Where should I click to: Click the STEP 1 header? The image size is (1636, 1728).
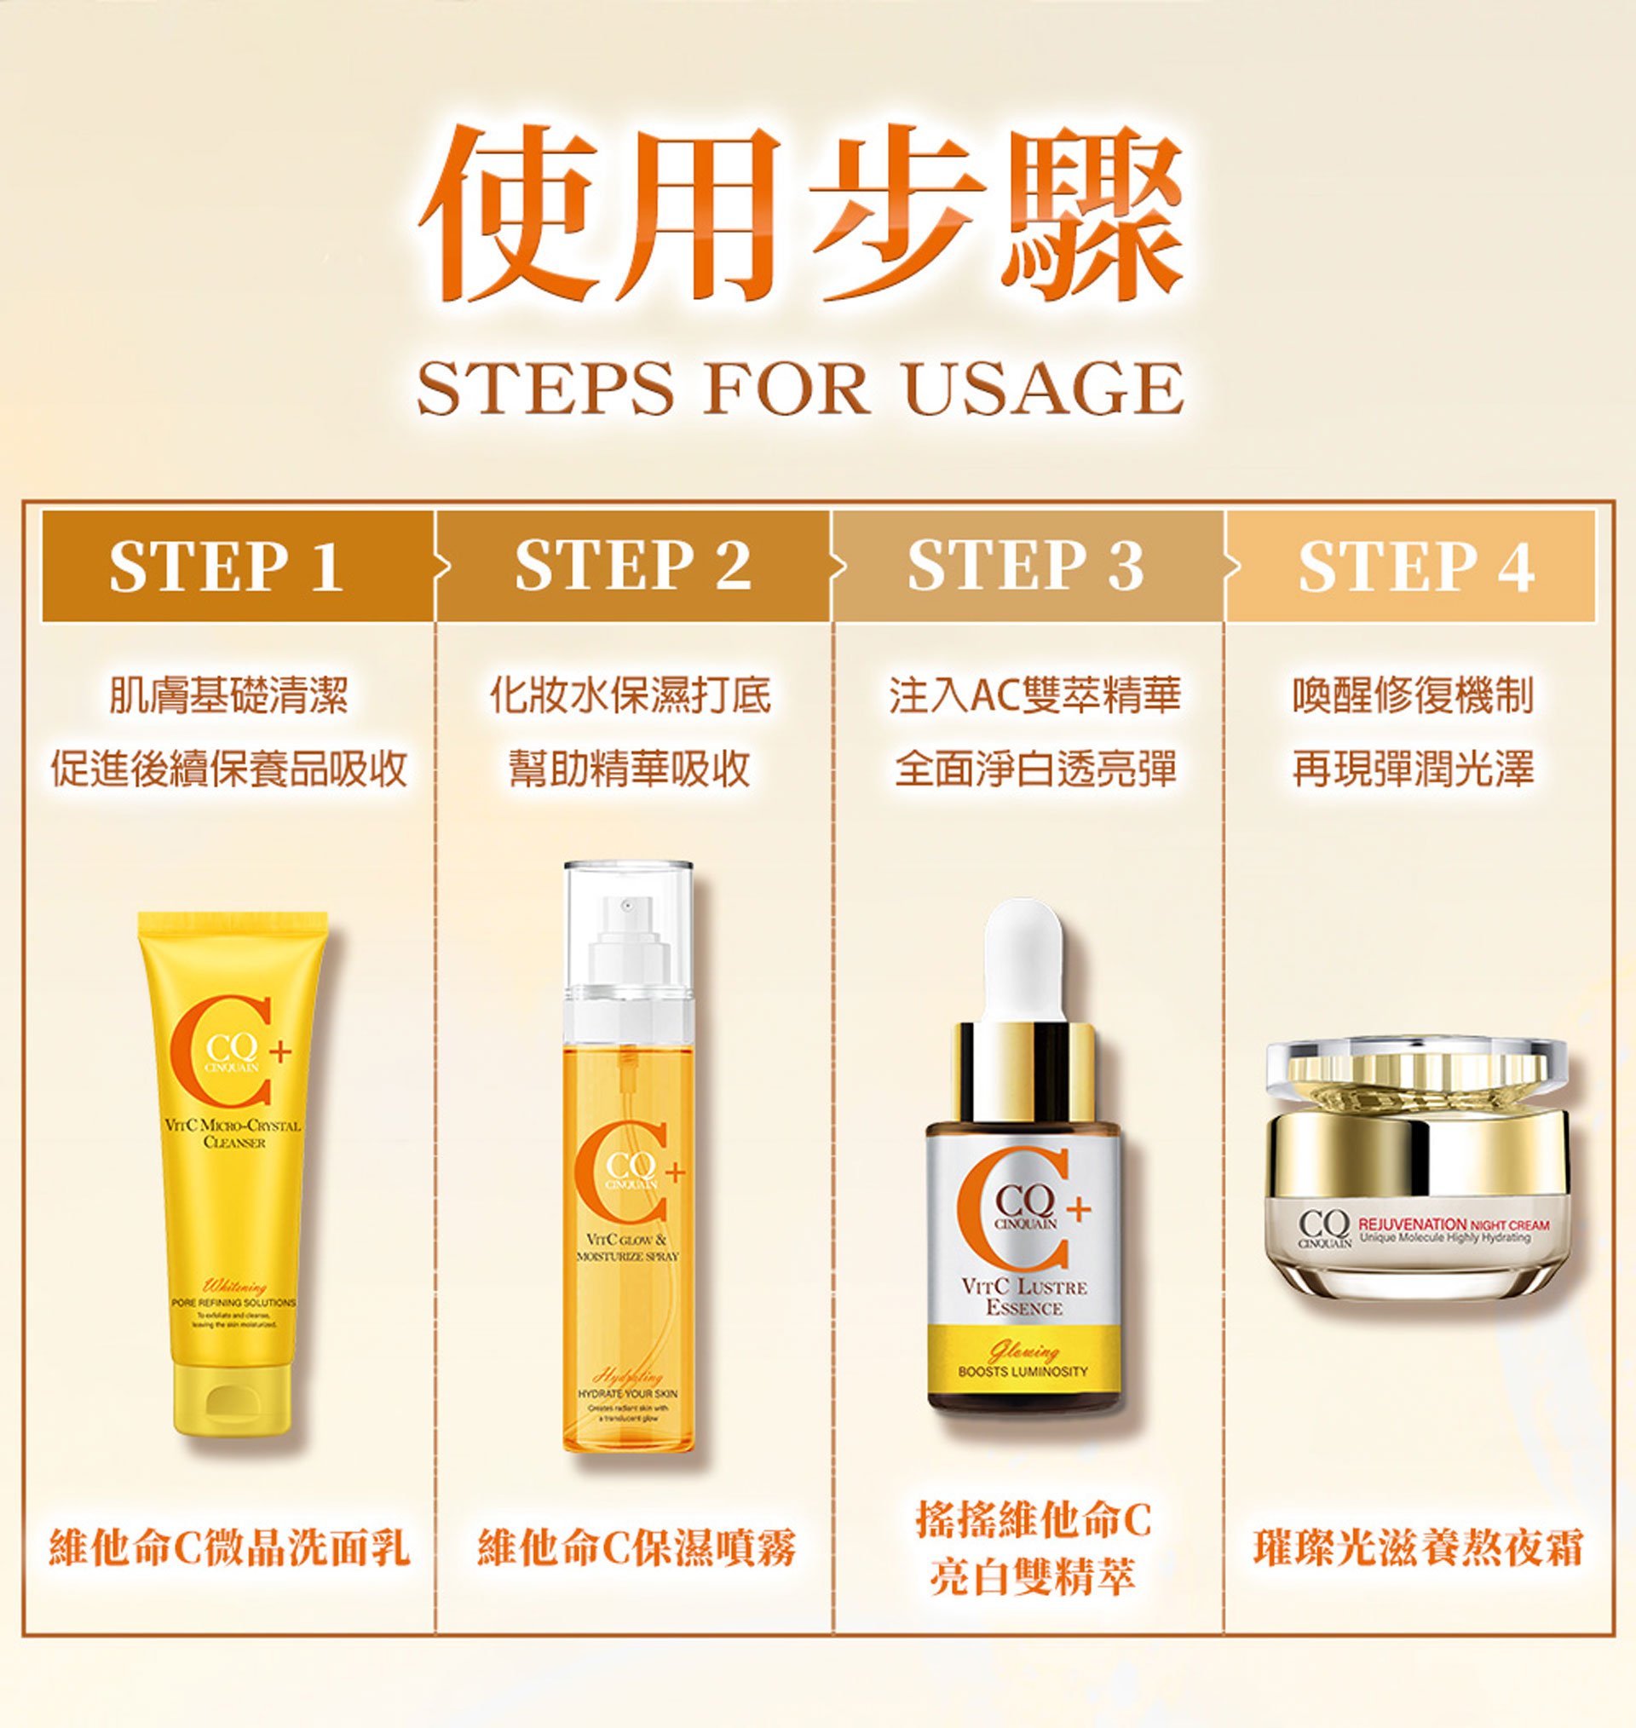pos(227,566)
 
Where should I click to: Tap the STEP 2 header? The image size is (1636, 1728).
pos(632,566)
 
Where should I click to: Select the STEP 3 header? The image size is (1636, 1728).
pos(1026,566)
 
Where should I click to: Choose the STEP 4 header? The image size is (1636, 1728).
pos(1415,566)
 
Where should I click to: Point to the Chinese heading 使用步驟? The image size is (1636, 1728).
pos(800,214)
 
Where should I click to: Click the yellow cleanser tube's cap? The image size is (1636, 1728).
pos(232,1401)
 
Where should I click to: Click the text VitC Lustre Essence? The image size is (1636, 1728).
pos(1024,1297)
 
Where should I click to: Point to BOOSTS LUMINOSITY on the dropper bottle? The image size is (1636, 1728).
pos(1023,1372)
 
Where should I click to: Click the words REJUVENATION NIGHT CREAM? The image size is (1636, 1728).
pos(1453,1224)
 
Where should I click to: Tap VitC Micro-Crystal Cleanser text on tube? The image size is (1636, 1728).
pos(233,1133)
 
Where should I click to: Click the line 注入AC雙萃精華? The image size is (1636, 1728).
pos(1034,694)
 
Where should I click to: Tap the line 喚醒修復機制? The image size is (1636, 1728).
pos(1413,694)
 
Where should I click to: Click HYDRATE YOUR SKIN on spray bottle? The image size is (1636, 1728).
pos(627,1394)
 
